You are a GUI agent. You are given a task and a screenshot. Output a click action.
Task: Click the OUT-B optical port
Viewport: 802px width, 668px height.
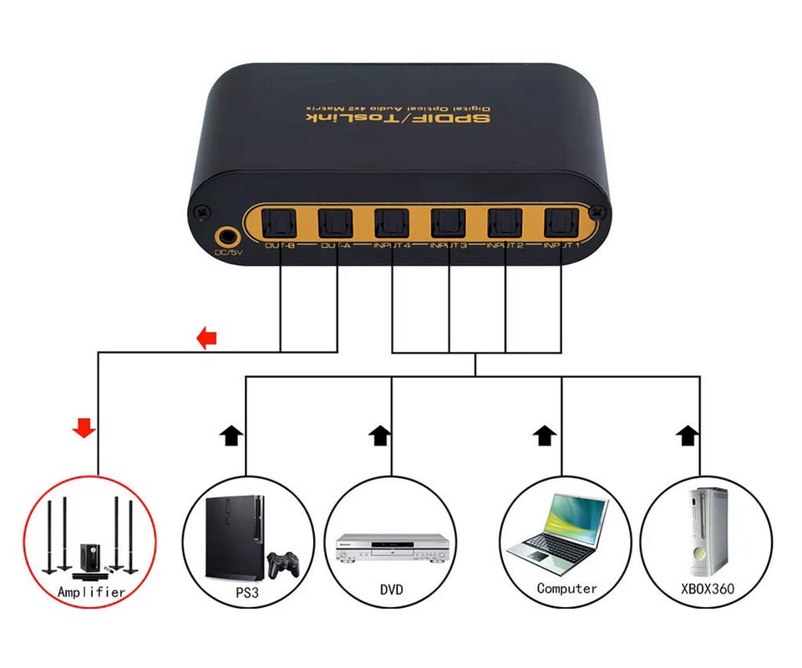coord(280,222)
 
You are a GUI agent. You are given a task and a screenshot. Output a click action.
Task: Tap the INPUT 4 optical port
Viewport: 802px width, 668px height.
coord(392,222)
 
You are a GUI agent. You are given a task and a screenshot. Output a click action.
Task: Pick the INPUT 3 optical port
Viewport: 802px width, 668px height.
coord(449,222)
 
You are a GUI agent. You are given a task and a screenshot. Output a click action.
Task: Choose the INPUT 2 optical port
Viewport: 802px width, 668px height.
coord(505,222)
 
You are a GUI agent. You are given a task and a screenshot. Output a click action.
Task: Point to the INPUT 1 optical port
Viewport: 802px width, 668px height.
coord(561,222)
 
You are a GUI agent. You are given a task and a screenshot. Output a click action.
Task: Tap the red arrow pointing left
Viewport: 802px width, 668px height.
coord(206,338)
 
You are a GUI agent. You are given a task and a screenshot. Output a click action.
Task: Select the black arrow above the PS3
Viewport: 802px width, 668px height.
coord(231,434)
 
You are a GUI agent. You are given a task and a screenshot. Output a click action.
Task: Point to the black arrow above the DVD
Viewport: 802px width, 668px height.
coord(380,434)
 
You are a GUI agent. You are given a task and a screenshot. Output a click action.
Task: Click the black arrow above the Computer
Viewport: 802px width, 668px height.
coord(545,434)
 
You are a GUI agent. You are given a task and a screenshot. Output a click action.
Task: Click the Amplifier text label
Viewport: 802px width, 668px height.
coord(91,592)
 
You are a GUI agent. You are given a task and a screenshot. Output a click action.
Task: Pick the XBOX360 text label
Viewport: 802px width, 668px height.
coord(707,589)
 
